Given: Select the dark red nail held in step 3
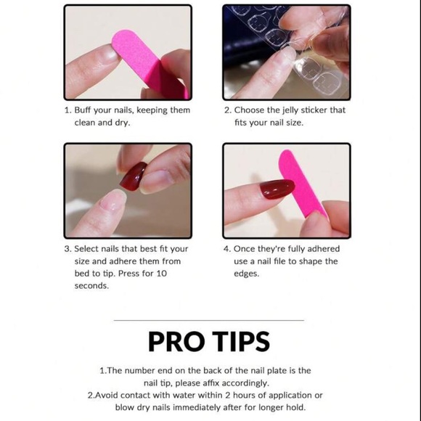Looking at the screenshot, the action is point(134,176).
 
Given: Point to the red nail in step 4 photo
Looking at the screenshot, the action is point(277,189).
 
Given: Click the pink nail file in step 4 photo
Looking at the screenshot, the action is point(303,184).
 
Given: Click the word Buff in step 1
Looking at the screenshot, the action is point(83,110).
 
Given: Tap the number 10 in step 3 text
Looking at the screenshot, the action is point(162,274).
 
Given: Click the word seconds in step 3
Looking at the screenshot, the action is point(91,286).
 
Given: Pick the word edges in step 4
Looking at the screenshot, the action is point(246,274).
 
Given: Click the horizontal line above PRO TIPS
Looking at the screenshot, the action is point(208,320).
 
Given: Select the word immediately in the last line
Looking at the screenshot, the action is point(197,408).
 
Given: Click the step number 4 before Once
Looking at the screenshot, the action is point(226,249).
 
